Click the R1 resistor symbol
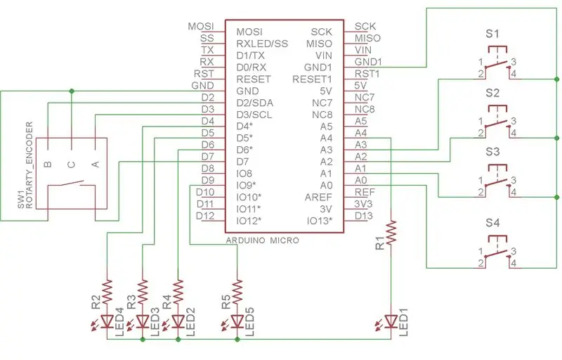[391, 233]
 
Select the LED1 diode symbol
[391, 321]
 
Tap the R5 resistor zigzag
[237, 292]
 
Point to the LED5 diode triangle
[237, 321]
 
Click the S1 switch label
[492, 34]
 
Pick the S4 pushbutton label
[492, 223]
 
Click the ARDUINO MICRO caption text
[262, 240]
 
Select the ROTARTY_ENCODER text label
[30, 165]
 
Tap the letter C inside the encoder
[72, 165]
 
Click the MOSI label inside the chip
[249, 32]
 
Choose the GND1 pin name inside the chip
[318, 67]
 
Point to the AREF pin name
[318, 197]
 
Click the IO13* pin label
[320, 221]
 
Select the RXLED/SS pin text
[262, 44]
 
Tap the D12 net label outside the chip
[205, 216]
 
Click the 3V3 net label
[363, 204]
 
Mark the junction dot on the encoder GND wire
[72, 91]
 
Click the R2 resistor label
[96, 302]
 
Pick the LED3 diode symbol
[143, 321]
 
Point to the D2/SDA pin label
[255, 103]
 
